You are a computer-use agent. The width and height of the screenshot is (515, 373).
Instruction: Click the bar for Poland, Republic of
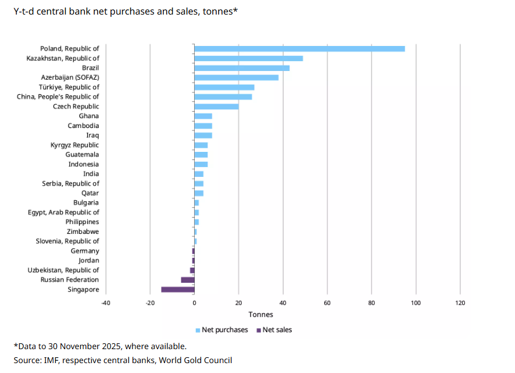pos(299,48)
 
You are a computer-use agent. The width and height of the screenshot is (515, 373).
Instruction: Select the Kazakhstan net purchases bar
pos(248,58)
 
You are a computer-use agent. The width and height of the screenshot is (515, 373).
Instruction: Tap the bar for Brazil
pos(242,68)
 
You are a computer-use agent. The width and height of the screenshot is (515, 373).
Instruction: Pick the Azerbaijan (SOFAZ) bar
pos(236,77)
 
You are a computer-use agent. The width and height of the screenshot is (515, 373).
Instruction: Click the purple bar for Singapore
pos(177,289)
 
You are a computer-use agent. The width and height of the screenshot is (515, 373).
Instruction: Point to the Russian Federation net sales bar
pos(187,280)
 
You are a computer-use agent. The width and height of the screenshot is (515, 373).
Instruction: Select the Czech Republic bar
pos(216,106)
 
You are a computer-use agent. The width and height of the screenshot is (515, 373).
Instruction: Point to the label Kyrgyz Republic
pos(74,145)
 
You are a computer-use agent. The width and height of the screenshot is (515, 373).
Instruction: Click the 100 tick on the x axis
pos(416,303)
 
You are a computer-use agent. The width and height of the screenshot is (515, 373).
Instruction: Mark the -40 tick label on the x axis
pos(105,303)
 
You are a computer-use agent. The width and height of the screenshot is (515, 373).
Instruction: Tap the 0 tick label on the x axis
pos(194,303)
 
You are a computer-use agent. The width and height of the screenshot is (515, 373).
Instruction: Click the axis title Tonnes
pos(260,315)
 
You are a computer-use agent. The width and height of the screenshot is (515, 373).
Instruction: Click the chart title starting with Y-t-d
pos(126,11)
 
